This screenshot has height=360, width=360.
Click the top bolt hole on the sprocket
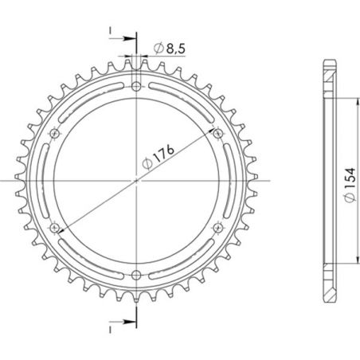136,86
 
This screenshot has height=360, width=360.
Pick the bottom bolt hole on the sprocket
136,276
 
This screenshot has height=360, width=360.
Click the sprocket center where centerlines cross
136,181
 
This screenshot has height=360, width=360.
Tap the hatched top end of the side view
329,76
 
